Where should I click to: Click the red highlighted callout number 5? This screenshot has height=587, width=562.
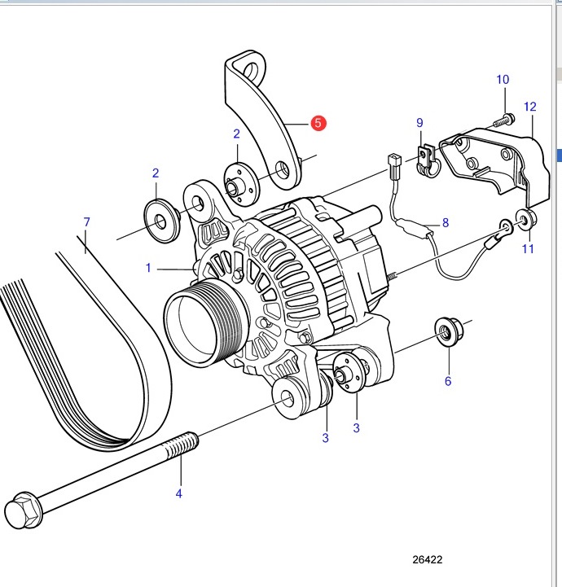pos(318,123)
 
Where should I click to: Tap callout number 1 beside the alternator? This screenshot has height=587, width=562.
pos(148,268)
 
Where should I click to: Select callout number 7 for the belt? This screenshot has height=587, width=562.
pos(87,222)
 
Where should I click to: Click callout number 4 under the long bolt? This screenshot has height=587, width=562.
pos(179,493)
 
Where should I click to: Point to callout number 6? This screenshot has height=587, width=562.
pos(448,381)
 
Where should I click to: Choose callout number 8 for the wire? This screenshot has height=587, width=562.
pos(446,223)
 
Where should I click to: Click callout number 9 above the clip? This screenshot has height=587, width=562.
pos(419,123)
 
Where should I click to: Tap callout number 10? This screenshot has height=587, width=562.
pos(503,79)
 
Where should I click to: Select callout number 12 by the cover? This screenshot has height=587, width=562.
pos(530,107)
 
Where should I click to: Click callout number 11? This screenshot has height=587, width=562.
pos(528,248)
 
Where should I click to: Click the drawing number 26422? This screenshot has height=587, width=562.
pos(428,559)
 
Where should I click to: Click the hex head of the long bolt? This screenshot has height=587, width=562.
pos(24,510)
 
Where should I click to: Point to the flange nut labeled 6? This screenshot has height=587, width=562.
pos(449,331)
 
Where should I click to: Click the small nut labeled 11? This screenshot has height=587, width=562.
pos(526,220)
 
